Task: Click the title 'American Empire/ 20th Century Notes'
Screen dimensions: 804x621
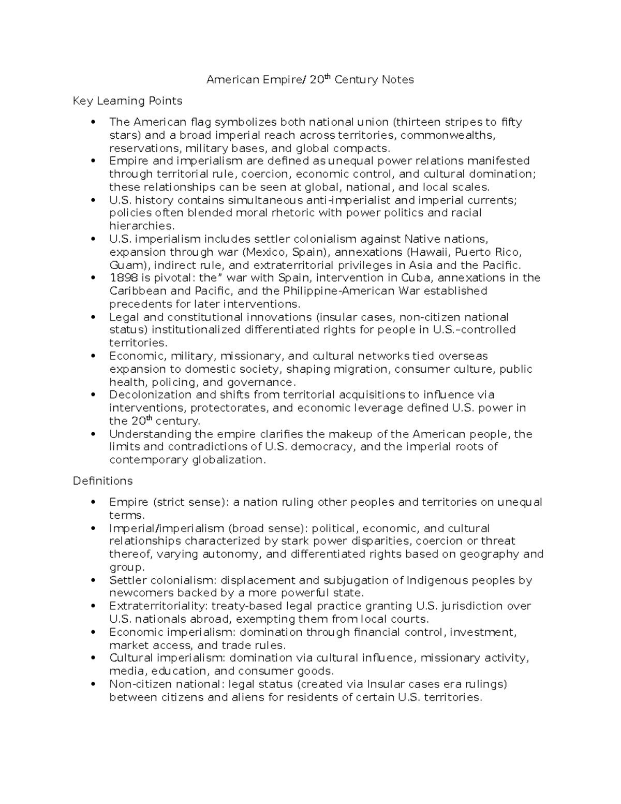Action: [310, 80]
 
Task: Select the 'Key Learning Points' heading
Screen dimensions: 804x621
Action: [127, 100]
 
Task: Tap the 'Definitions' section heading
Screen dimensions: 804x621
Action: [102, 481]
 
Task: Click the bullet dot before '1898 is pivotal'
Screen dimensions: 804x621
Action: [93, 278]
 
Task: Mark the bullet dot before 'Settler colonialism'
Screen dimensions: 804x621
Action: [93, 580]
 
